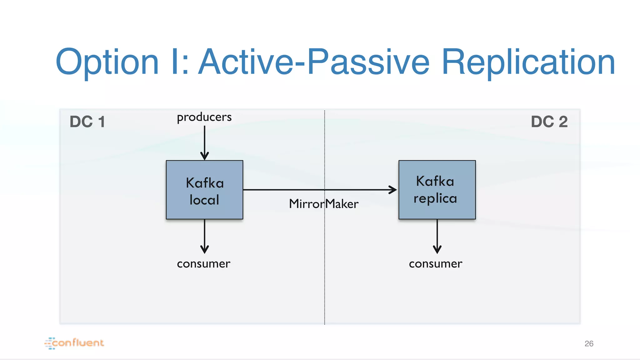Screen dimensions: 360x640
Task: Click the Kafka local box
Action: (204, 190)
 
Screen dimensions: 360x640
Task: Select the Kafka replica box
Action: (437, 190)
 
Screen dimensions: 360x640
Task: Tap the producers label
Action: (204, 117)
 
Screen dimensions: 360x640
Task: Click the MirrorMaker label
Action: (323, 204)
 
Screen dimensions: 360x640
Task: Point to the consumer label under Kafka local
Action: (203, 264)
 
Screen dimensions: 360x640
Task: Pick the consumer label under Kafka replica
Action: (435, 264)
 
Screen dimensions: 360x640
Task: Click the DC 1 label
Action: (87, 122)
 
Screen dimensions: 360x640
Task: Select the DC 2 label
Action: (549, 122)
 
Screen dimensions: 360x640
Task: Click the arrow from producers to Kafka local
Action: (204, 142)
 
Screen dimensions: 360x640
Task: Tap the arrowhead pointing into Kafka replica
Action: (392, 190)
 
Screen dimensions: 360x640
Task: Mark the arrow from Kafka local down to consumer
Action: (204, 236)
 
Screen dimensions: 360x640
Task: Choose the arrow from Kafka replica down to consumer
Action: (437, 236)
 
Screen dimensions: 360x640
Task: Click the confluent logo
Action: (74, 343)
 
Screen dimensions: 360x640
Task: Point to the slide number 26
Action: (589, 343)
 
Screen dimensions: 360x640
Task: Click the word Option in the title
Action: (107, 62)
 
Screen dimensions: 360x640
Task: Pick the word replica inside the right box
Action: (435, 199)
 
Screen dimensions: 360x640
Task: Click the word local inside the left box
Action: (204, 200)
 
